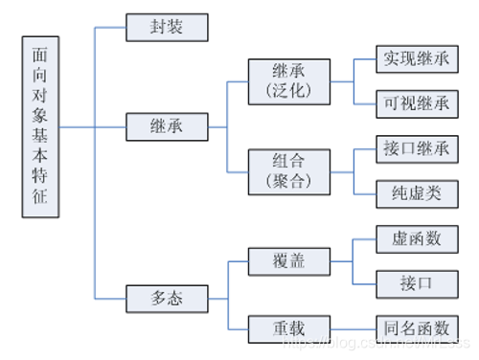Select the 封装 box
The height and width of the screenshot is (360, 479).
coord(166,28)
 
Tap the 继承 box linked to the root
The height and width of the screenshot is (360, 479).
coord(166,125)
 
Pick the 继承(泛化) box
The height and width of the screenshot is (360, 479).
coord(288,81)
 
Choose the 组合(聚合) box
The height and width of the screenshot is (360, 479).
coord(288,171)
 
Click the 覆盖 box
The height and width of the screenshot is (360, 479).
coord(288,260)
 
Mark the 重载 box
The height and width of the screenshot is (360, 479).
coord(288,327)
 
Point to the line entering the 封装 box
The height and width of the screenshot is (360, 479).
coord(110,28)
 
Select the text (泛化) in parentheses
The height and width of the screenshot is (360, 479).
coord(288,93)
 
